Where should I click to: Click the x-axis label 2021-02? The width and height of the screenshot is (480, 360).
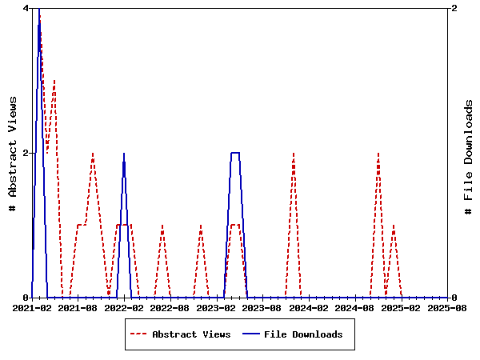pyautogui.click(x=32, y=307)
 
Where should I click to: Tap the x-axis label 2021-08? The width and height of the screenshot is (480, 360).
pyautogui.click(x=78, y=307)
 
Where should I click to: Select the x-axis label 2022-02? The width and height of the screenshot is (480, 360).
pyautogui.click(x=124, y=307)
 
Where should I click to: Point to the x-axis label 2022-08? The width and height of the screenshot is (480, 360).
pyautogui.click(x=170, y=307)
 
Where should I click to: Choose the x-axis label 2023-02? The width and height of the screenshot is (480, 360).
pyautogui.click(x=217, y=307)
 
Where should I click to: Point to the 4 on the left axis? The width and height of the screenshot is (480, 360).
pyautogui.click(x=26, y=8)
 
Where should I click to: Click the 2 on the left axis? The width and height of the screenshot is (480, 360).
pyautogui.click(x=26, y=153)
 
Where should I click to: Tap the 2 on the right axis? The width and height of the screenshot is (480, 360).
pyautogui.click(x=454, y=8)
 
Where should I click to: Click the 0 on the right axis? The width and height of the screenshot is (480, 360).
pyautogui.click(x=454, y=298)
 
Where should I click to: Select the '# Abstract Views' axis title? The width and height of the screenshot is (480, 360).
pyautogui.click(x=12, y=153)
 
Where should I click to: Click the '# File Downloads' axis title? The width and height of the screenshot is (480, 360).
pyautogui.click(x=470, y=153)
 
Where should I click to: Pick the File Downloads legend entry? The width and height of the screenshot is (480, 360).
pyautogui.click(x=303, y=334)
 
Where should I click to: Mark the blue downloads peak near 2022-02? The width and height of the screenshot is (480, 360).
pyautogui.click(x=124, y=153)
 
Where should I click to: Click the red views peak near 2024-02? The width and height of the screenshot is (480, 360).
pyautogui.click(x=294, y=153)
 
